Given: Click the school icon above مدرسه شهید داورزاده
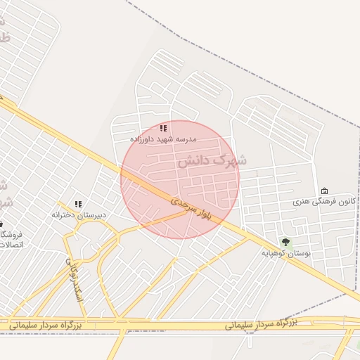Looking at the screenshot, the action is click(x=163, y=128).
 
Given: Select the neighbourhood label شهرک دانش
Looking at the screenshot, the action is click(x=212, y=161).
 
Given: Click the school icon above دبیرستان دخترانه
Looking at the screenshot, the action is click(x=78, y=203).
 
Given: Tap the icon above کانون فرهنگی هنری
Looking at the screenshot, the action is click(x=324, y=191).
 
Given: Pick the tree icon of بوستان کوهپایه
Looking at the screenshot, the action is click(x=285, y=242).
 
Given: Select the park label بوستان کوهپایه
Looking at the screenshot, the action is click(x=286, y=252).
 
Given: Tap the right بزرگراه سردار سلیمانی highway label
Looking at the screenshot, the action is click(x=262, y=323).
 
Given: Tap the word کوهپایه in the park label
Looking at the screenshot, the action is click(x=275, y=252).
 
